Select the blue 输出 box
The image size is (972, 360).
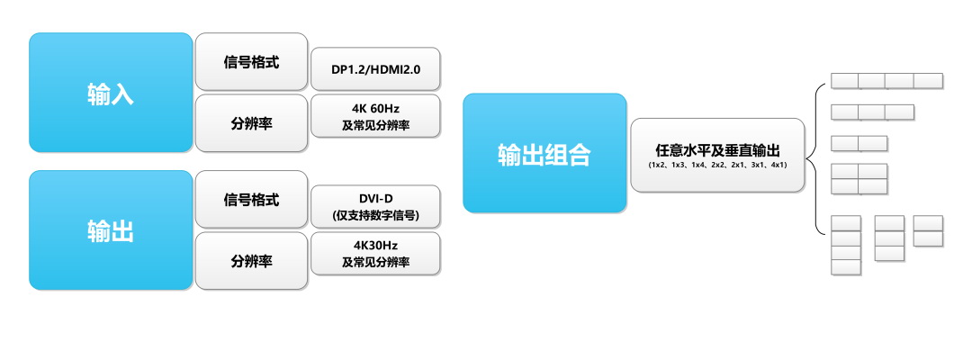111,230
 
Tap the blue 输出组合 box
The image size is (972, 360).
544,153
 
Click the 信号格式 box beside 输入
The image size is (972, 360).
251,62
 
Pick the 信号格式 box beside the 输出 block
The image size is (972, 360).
251,200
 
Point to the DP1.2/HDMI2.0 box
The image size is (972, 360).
375,69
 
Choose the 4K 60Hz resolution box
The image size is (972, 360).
375,116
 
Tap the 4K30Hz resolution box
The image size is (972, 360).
375,253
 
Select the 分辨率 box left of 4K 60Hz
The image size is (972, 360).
251,123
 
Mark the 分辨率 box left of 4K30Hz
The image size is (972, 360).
251,261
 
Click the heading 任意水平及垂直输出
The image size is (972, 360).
717,149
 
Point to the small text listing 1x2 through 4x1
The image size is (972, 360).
717,165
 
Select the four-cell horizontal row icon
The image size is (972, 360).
886,81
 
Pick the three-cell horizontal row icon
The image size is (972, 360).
872,112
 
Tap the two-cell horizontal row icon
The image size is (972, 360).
859,143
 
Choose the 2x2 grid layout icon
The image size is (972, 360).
859,179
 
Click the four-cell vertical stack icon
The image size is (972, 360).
845,245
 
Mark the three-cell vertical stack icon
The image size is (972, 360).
889,238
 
